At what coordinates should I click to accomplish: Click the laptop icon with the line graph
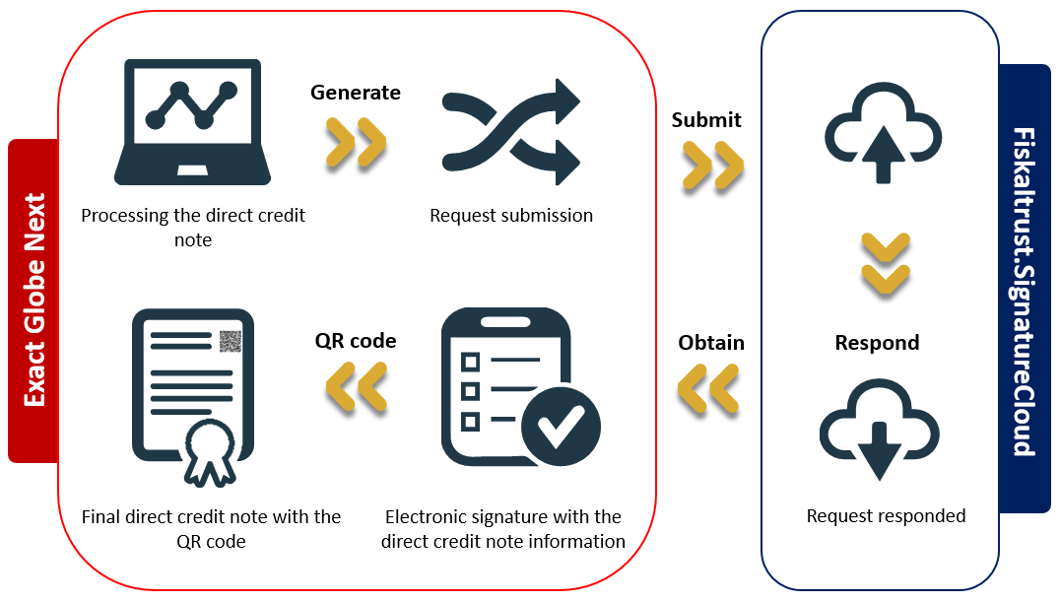[193, 122]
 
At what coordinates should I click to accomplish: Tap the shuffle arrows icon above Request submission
[511, 132]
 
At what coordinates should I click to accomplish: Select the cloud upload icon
[883, 133]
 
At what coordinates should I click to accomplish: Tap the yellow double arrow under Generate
[356, 142]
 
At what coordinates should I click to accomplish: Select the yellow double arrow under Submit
[713, 166]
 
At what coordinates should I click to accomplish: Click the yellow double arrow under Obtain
[708, 388]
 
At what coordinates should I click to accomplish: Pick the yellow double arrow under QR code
[357, 387]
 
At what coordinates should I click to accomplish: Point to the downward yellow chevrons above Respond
[886, 264]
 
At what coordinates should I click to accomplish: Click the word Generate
[356, 92]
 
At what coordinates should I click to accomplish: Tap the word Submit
[706, 120]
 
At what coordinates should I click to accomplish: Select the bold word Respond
[877, 342]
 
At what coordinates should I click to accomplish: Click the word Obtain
[711, 342]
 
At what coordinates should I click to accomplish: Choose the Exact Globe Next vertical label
[33, 301]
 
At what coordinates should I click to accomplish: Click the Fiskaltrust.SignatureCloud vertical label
[1025, 292]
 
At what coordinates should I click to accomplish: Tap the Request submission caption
[511, 215]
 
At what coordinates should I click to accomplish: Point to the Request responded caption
[886, 516]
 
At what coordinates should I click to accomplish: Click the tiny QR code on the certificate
[231, 342]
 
